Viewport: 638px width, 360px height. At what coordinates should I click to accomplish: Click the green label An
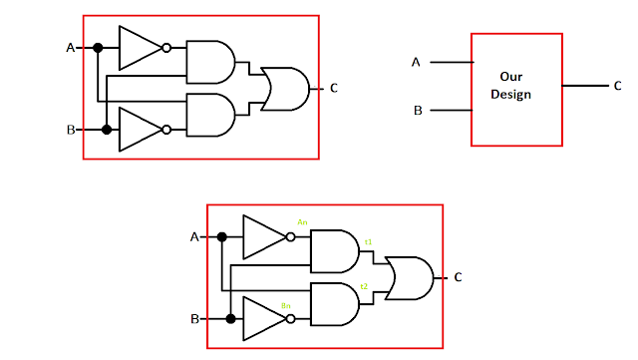301,221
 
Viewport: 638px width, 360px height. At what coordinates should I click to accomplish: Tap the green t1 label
368,242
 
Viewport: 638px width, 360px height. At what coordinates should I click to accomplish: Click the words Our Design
516,86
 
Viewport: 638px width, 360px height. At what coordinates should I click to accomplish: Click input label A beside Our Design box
416,63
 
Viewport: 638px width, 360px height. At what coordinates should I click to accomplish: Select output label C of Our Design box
617,87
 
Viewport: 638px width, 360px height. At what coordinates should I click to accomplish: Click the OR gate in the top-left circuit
283,87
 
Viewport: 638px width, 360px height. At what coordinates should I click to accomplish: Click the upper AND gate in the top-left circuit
209,61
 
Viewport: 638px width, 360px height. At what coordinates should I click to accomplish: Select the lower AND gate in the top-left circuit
209,114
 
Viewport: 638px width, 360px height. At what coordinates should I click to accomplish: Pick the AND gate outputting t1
334,250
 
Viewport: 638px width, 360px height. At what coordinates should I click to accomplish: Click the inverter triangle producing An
262,237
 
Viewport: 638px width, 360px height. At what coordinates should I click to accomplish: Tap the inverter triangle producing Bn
262,318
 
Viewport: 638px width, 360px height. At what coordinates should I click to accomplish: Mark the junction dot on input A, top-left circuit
98,47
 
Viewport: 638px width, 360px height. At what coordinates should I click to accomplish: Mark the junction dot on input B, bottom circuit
231,319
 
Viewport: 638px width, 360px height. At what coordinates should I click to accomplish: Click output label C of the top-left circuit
334,88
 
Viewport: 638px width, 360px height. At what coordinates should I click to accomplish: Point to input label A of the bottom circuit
194,237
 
